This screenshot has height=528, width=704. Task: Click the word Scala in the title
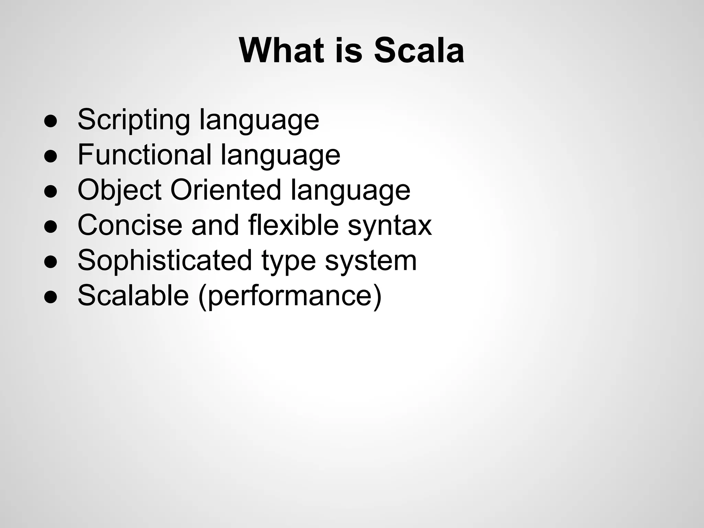click(419, 51)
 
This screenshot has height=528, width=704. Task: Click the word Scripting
click(134, 120)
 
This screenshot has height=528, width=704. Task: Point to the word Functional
click(144, 155)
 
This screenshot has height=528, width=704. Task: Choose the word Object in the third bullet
click(119, 190)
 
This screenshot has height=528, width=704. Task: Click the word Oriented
click(226, 190)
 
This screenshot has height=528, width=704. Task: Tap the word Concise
click(130, 225)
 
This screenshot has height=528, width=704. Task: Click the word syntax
click(389, 225)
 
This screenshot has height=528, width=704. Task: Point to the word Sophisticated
click(165, 261)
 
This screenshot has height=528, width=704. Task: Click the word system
click(371, 261)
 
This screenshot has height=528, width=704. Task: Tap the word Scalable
click(133, 296)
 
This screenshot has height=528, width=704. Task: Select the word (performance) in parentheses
click(290, 296)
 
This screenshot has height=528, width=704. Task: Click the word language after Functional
click(280, 155)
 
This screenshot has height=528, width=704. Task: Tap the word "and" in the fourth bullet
click(215, 225)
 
